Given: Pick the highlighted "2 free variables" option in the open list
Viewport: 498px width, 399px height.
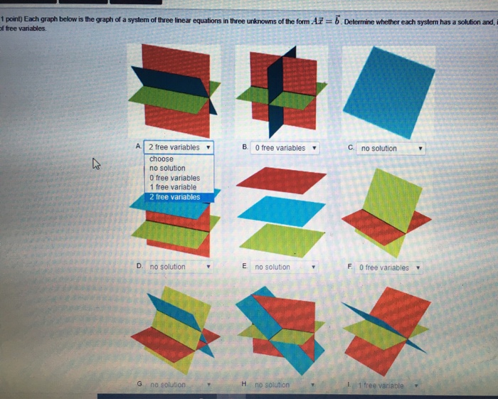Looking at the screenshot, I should (175, 197).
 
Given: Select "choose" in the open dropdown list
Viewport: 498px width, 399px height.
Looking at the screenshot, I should (161, 159).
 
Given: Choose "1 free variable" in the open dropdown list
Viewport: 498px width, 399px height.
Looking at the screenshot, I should (173, 187).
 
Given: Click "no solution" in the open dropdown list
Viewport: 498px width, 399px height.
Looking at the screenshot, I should (167, 168).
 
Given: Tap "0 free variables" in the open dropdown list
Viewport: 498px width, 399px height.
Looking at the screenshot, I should (174, 178).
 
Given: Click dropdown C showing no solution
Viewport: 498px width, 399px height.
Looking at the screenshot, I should (391, 148).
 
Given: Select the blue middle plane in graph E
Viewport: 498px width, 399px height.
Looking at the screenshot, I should (280, 211).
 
